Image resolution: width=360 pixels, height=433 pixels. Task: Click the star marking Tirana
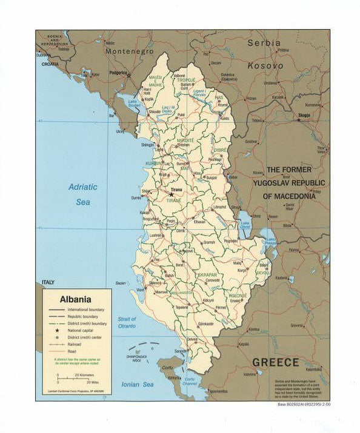coord(163,194)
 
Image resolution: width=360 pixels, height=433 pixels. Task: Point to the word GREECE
coord(275,362)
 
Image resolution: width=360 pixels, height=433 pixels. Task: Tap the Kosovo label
coord(265,65)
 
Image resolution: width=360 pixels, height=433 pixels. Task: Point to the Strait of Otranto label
coord(127,323)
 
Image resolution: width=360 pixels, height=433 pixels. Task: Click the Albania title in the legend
coord(75,299)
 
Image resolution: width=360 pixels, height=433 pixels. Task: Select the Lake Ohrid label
coord(245,225)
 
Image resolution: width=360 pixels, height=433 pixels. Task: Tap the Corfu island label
coord(167,368)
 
